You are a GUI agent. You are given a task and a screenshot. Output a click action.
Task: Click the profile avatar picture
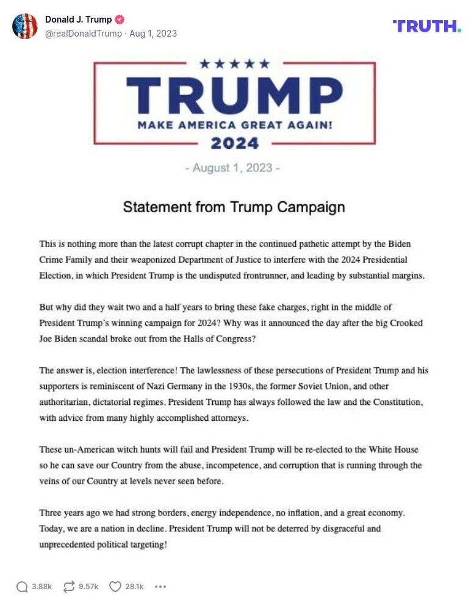click(x=25, y=26)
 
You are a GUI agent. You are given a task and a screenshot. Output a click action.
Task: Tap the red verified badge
click(x=119, y=20)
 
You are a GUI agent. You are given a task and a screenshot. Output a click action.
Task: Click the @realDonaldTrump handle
click(x=84, y=34)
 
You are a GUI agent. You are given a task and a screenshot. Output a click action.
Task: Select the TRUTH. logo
click(x=426, y=26)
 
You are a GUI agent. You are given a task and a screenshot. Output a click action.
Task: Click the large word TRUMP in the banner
click(x=234, y=95)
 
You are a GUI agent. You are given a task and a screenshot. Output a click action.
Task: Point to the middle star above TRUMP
click(x=234, y=63)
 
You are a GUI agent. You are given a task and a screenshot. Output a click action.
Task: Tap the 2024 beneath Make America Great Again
click(x=235, y=144)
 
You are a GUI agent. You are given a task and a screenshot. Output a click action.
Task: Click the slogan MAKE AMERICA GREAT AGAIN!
click(x=235, y=125)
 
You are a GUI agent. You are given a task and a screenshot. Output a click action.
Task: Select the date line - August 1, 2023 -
click(x=232, y=168)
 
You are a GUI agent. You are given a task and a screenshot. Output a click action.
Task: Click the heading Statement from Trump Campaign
click(x=234, y=207)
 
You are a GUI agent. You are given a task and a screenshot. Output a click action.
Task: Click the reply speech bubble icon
click(x=22, y=587)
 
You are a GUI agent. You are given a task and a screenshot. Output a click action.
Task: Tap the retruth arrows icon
click(x=69, y=587)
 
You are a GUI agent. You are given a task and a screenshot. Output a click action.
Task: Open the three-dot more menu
click(x=160, y=587)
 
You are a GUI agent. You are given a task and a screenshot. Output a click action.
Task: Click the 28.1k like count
click(x=134, y=587)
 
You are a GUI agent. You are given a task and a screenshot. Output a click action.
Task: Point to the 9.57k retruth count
click(x=88, y=587)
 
